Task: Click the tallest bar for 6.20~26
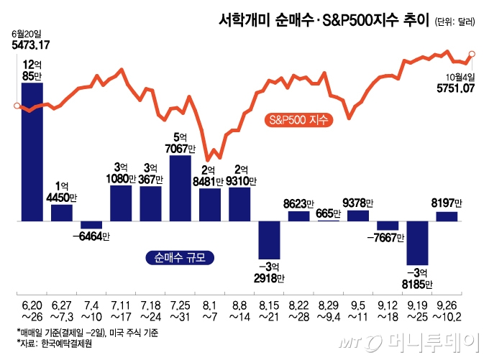pyautogui.click(x=32, y=152)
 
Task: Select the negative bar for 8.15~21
pyautogui.click(x=269, y=239)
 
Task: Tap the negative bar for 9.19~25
pyautogui.click(x=417, y=243)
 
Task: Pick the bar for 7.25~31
pyautogui.click(x=180, y=188)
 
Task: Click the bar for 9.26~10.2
pyautogui.click(x=447, y=216)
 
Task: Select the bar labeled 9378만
pyautogui.click(x=357, y=216)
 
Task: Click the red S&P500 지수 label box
pyautogui.click(x=297, y=119)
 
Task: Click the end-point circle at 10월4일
pyautogui.click(x=472, y=52)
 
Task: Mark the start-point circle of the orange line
pyautogui.click(x=17, y=106)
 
